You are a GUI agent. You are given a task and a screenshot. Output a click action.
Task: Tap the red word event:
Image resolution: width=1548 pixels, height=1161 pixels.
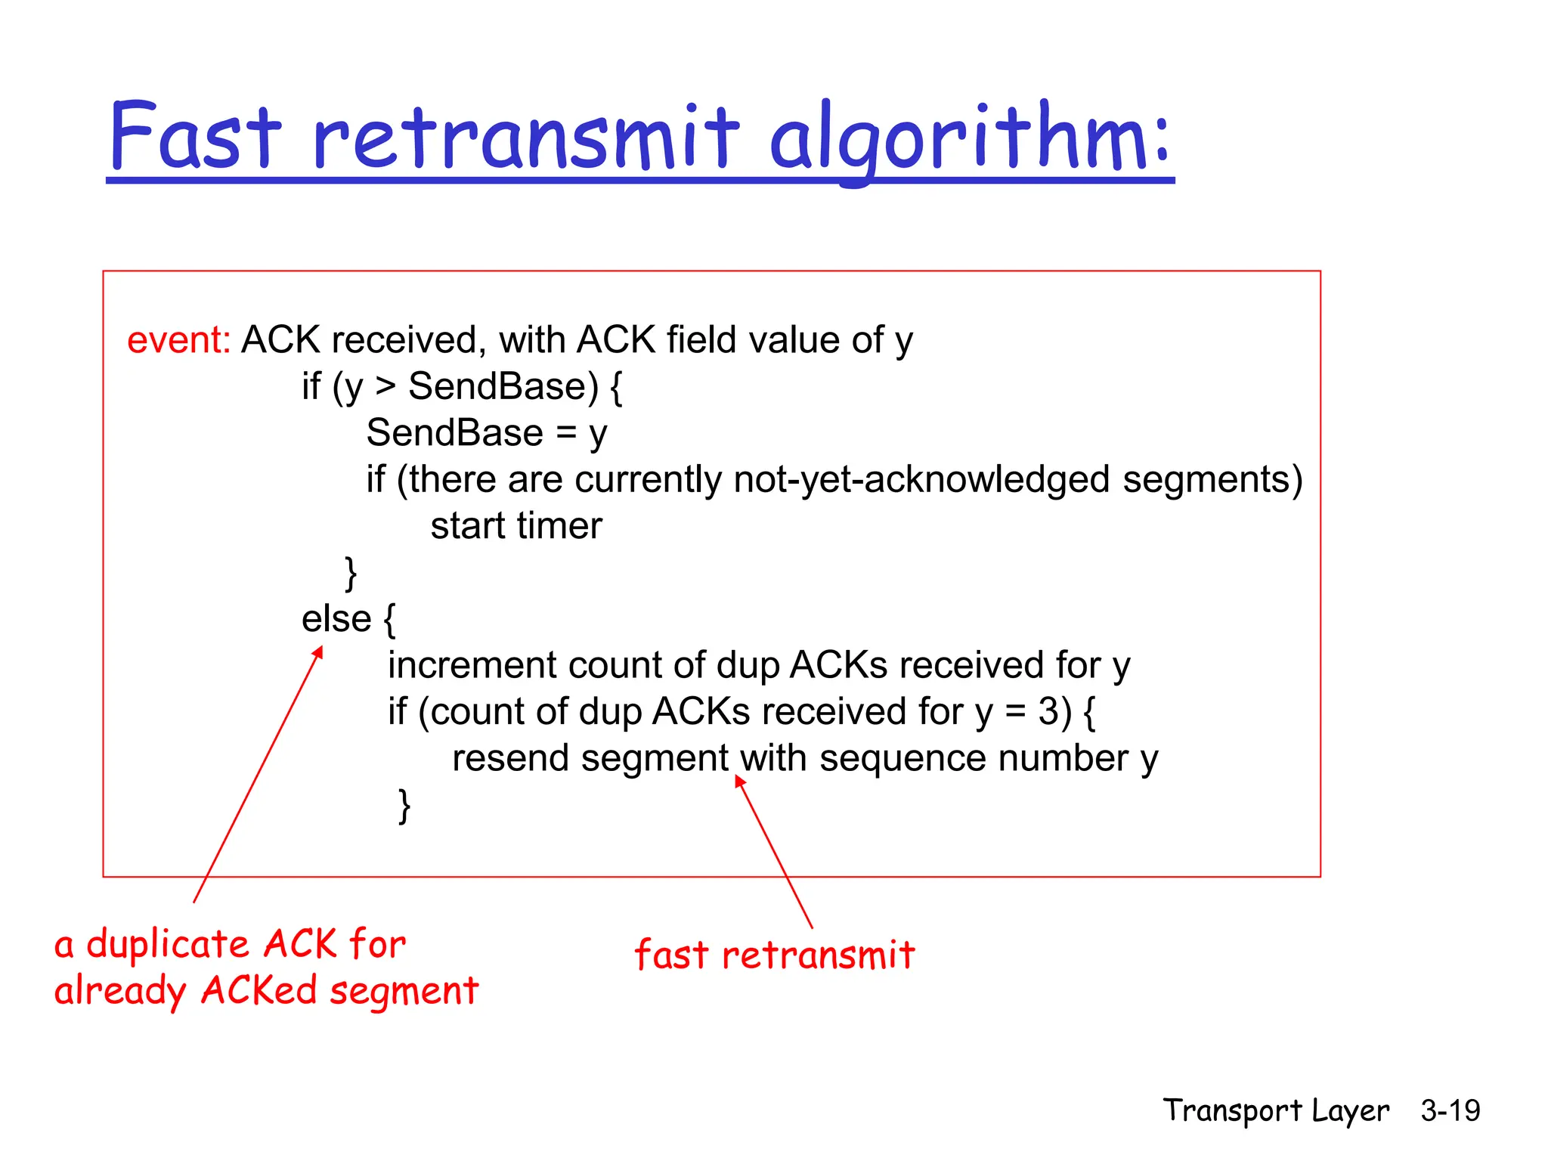[179, 340]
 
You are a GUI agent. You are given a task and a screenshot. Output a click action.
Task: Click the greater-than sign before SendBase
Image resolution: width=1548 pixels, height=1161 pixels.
[385, 386]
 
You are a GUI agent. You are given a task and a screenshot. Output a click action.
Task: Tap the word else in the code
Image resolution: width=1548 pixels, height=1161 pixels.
[336, 619]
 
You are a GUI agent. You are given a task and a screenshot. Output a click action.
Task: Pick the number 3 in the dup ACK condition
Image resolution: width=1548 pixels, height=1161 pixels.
[1048, 712]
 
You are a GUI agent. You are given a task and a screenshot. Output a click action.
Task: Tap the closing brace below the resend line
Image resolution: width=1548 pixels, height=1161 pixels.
[404, 806]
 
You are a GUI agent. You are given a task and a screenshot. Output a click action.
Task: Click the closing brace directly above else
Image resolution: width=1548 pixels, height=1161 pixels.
[351, 574]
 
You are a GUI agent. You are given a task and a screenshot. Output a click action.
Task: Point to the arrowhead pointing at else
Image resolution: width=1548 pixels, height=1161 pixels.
[319, 652]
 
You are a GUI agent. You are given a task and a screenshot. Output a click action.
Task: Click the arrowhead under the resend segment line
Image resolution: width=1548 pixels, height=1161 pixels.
[740, 782]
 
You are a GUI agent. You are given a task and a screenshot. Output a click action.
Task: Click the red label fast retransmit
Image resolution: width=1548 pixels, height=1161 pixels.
[774, 955]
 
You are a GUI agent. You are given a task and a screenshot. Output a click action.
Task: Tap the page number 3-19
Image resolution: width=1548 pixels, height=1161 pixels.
[1450, 1110]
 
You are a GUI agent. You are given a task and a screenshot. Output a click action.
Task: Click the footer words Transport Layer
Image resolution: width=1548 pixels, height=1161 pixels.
[1275, 1110]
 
